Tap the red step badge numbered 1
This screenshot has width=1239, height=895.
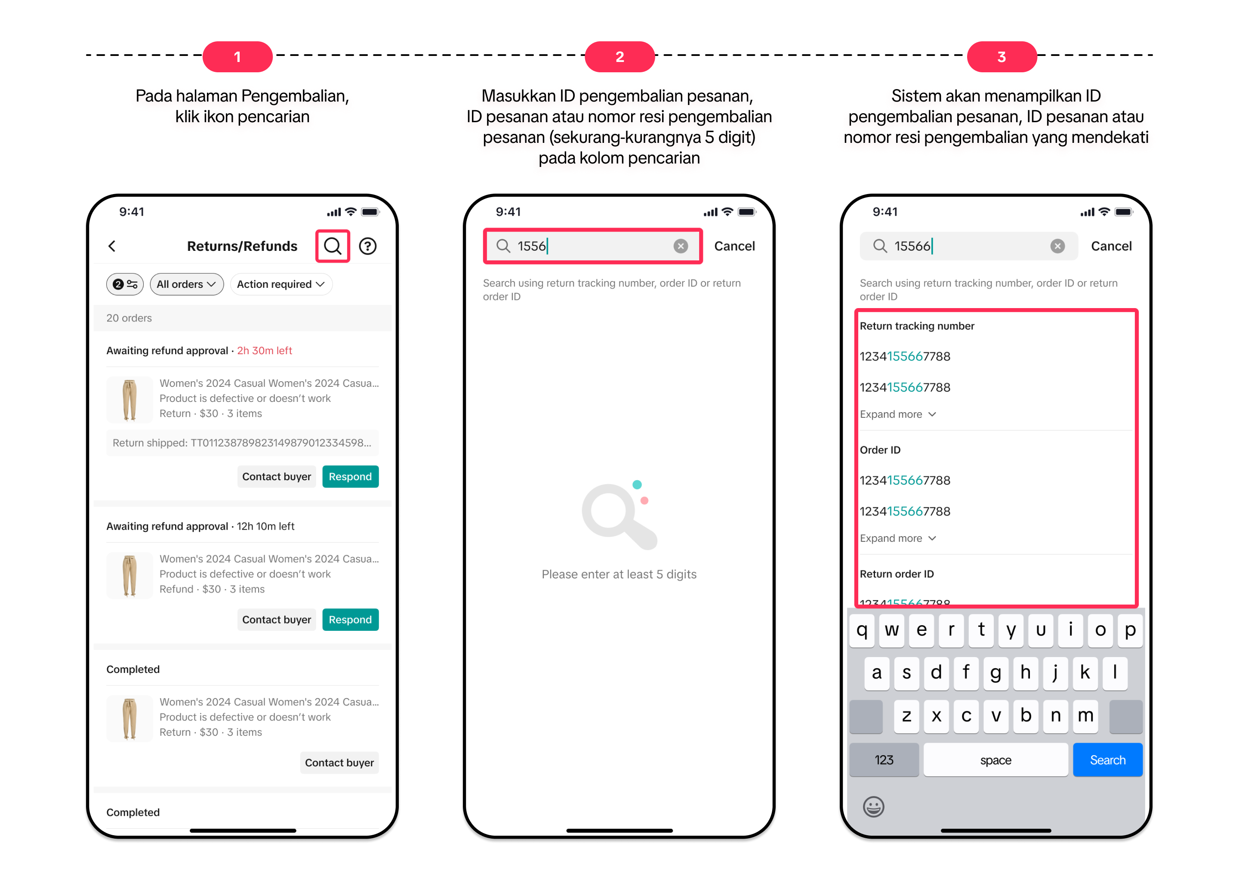pos(237,57)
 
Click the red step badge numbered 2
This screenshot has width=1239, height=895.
pos(619,57)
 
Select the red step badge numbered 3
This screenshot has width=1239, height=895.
pos(1002,57)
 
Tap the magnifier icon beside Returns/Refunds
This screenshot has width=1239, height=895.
pos(333,246)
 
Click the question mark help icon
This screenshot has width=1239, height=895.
pos(368,246)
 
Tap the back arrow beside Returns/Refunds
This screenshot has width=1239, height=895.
pos(112,246)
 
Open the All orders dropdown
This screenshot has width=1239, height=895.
pos(186,284)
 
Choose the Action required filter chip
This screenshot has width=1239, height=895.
pos(281,284)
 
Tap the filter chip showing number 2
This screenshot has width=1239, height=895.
pos(125,284)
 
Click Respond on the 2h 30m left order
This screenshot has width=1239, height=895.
pos(350,476)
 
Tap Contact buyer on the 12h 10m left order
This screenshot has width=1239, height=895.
pos(277,620)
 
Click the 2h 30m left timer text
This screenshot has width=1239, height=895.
pos(265,350)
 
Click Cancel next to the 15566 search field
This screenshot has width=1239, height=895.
pos(1111,246)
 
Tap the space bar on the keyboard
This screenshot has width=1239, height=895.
pos(996,759)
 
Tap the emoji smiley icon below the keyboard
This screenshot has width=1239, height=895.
pos(873,806)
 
